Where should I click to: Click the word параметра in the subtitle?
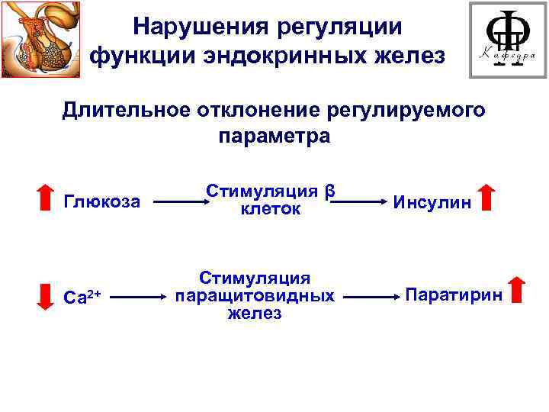coord(274,137)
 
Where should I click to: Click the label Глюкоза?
coord(102,202)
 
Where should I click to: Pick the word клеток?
coord(270,209)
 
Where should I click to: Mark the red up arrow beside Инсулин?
coord(487,197)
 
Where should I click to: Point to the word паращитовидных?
coord(254,295)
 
